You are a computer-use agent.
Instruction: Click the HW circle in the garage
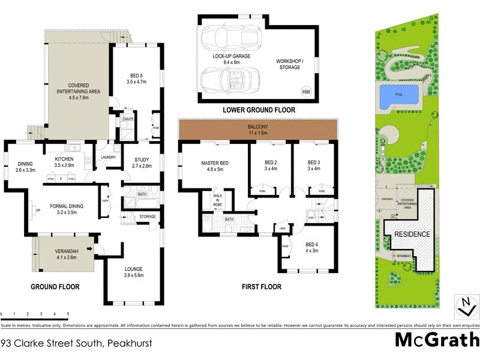(x=306, y=91)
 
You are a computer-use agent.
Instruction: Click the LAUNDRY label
(x=109, y=158)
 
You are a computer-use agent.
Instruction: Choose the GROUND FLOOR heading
(x=55, y=287)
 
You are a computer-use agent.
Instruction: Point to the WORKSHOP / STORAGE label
(x=290, y=65)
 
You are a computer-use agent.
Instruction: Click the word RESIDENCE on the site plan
(x=412, y=234)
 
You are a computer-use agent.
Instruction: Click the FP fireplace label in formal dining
(x=38, y=211)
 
